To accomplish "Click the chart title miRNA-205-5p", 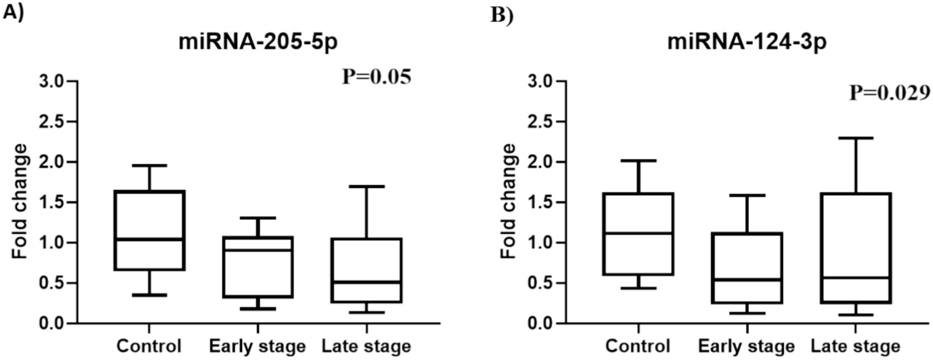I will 258,42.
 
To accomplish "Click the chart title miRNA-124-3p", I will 747,42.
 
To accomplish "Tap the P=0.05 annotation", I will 377,77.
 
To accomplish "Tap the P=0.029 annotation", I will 890,93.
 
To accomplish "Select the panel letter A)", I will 13,12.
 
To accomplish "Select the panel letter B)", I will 502,15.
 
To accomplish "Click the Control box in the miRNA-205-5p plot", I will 149,230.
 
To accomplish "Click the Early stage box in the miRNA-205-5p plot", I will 258,267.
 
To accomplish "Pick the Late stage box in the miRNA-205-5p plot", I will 367,270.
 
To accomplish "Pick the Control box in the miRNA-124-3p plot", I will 638,234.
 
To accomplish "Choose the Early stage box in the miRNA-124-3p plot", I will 747,268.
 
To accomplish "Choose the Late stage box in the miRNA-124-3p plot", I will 856,248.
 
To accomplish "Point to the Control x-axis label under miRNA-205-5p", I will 149,346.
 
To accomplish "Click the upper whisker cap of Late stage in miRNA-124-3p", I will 856,138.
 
